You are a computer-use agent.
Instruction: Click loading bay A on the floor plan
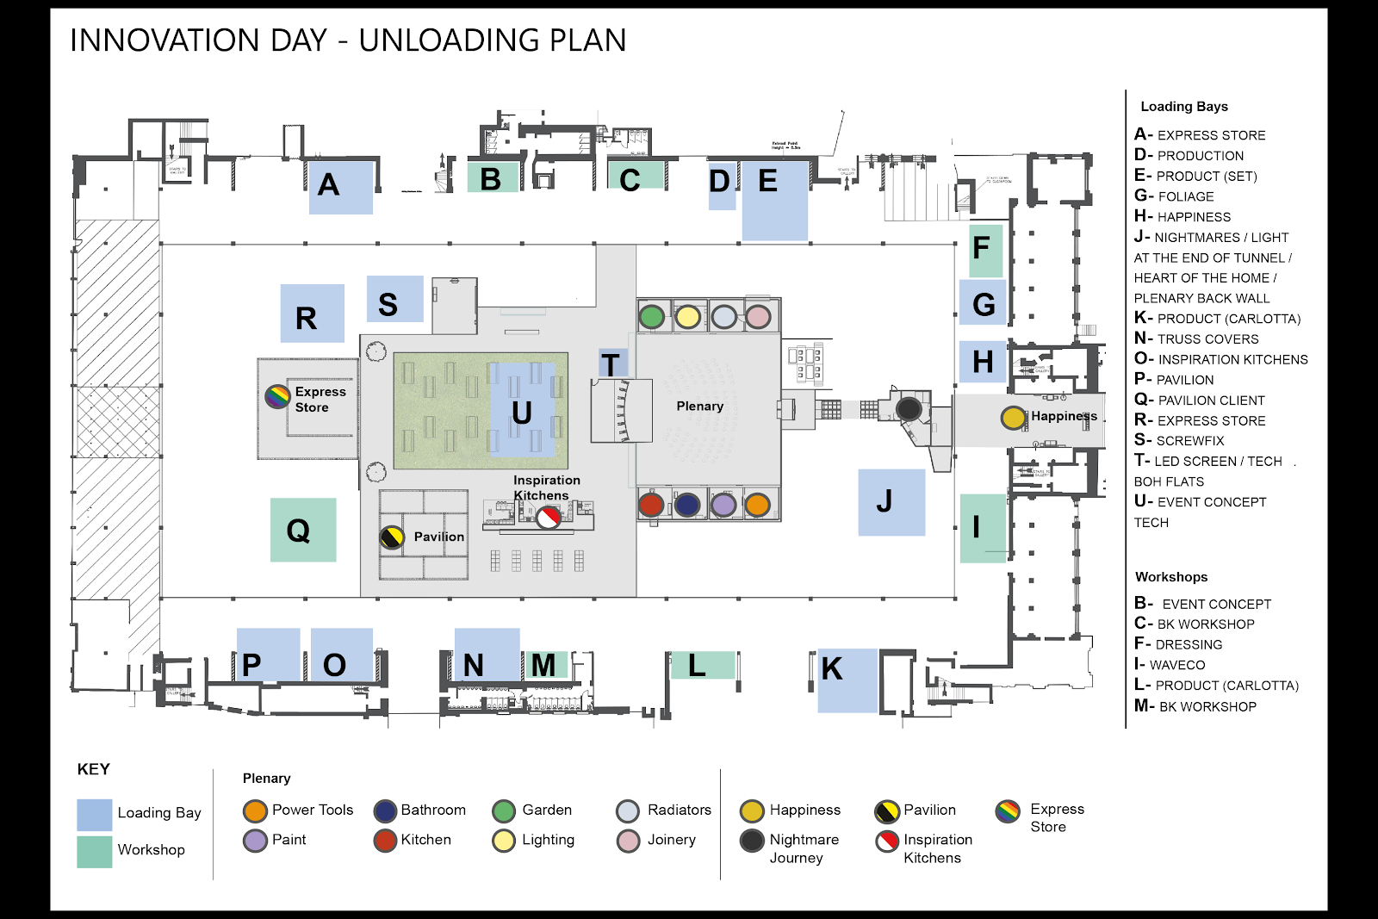click(340, 186)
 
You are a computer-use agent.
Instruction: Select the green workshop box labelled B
click(493, 177)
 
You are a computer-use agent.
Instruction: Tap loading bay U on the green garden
click(522, 411)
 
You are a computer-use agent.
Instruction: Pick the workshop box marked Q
click(302, 530)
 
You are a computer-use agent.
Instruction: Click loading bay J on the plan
click(891, 502)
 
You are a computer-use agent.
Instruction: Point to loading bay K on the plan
click(846, 679)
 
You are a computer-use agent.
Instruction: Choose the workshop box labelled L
click(702, 665)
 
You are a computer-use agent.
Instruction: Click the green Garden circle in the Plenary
click(652, 316)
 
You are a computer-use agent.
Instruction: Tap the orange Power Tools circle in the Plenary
click(757, 505)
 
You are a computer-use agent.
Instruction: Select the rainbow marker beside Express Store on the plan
click(277, 396)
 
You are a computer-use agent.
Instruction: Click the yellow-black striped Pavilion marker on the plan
click(392, 537)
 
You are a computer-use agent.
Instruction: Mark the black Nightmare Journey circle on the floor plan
click(909, 408)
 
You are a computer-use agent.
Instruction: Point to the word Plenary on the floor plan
click(699, 406)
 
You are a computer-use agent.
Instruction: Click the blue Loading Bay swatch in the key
click(95, 814)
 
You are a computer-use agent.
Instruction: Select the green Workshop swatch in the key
click(95, 851)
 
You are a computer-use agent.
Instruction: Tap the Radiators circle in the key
click(628, 810)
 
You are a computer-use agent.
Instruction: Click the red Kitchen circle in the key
click(385, 840)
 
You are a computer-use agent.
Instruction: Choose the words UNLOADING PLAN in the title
click(492, 40)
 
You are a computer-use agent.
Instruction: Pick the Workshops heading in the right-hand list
click(1171, 577)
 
